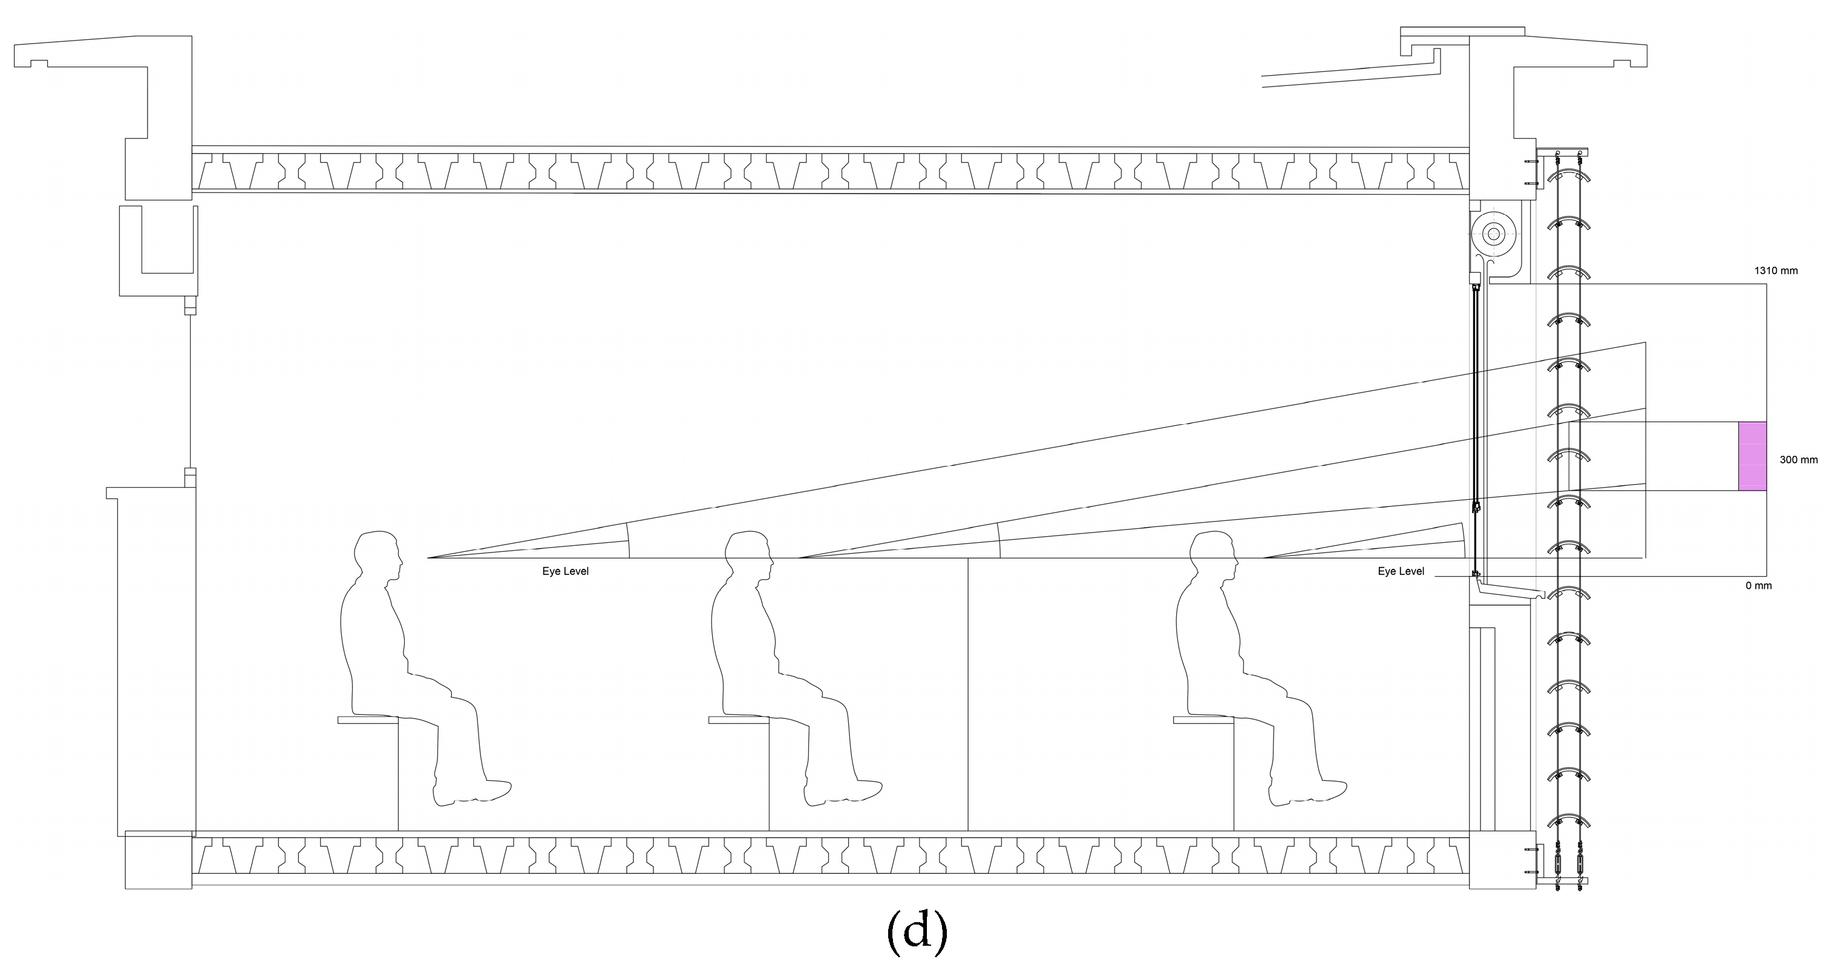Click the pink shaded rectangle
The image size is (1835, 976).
pos(1752,456)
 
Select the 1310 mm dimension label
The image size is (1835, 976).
pos(1775,270)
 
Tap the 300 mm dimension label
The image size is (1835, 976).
pos(1798,460)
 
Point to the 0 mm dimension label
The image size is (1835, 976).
pos(1758,586)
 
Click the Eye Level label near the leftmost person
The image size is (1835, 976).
pos(566,571)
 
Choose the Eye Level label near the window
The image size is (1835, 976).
pos(1401,571)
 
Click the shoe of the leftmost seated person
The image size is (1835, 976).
pos(473,791)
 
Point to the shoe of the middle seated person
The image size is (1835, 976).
pos(843,791)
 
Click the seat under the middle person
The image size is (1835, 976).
pos(738,720)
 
